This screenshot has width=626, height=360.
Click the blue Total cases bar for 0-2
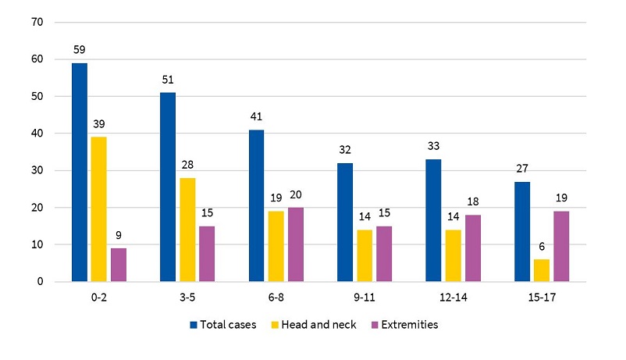click(79, 172)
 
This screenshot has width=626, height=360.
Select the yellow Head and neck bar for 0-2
click(98, 209)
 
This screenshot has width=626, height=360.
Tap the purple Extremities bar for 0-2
click(118, 265)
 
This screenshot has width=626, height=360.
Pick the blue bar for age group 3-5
click(167, 187)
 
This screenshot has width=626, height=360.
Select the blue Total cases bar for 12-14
click(433, 220)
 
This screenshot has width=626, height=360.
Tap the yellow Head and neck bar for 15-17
click(541, 270)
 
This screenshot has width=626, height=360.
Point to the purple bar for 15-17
click(560, 246)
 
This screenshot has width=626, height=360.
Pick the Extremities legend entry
click(406, 325)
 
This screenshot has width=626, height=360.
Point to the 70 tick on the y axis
click(36, 22)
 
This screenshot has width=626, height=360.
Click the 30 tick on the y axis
click(36, 170)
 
